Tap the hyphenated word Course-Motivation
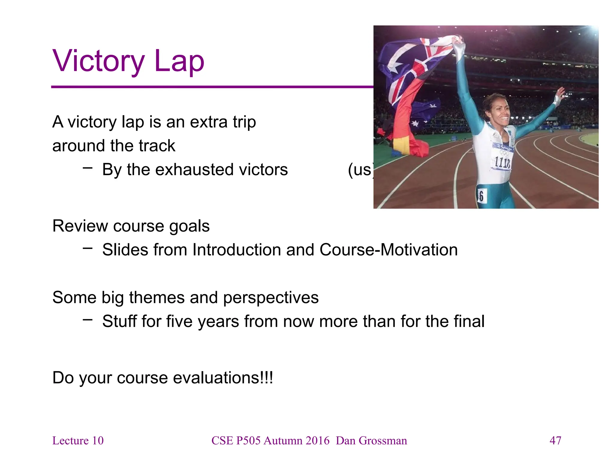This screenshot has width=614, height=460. point(389,250)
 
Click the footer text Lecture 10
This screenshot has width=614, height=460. point(78,441)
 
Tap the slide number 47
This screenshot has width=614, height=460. point(555,441)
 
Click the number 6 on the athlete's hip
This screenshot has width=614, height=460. point(481,196)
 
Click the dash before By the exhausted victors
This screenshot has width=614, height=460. point(88,168)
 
